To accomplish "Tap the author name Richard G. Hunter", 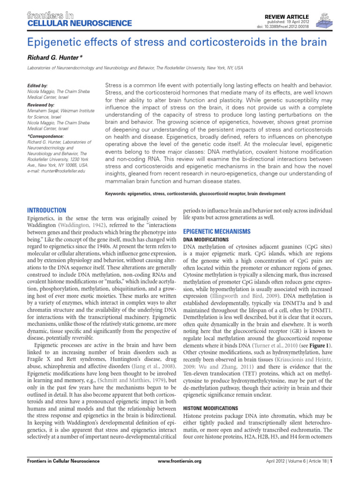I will tap(54, 57).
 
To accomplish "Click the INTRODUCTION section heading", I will tap(47, 210).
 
